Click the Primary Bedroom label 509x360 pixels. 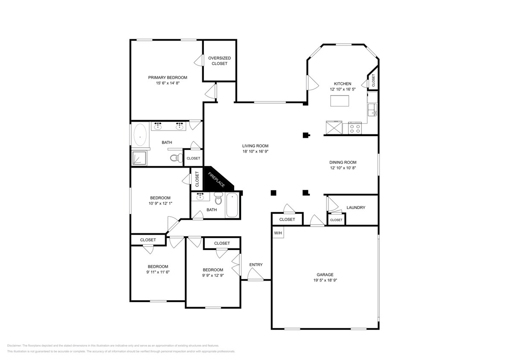(167, 78)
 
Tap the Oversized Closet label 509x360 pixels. (219, 61)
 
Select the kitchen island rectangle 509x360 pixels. (340, 101)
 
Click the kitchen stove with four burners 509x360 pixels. (355, 128)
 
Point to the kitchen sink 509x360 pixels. (372, 109)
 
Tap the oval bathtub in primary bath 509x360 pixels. (140, 135)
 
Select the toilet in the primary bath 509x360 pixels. (176, 158)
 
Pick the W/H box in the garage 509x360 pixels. (278, 233)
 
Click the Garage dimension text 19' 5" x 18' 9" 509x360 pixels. (325, 281)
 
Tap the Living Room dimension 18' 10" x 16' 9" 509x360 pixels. (255, 151)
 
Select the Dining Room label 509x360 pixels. (343, 162)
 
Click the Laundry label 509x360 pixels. (355, 208)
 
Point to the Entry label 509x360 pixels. (256, 265)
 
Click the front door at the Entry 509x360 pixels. (256, 279)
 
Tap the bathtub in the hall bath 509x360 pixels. (233, 205)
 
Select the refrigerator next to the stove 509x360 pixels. (333, 128)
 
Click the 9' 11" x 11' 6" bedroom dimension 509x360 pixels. (157, 272)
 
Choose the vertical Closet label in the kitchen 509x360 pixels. (373, 80)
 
